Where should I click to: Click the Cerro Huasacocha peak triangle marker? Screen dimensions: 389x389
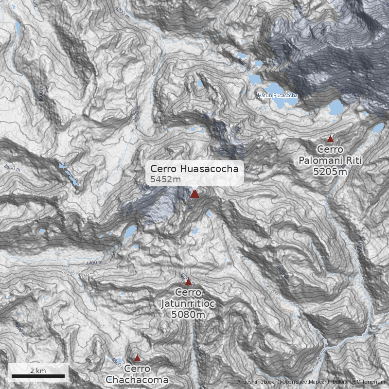point(194,194)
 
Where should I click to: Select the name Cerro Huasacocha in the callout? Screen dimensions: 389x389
point(194,169)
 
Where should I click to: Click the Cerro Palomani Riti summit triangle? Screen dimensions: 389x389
point(331,139)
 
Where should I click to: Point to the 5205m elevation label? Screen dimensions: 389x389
point(331,171)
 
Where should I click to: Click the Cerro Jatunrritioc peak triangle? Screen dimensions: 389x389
point(188,282)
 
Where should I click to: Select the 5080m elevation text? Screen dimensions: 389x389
point(188,315)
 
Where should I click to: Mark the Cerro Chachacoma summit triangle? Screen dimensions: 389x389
point(137,358)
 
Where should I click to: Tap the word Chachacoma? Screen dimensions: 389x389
point(137,379)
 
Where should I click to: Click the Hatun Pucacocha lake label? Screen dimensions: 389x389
point(277,95)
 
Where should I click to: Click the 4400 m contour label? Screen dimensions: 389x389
point(94,263)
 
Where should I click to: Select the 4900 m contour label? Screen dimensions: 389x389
point(346,91)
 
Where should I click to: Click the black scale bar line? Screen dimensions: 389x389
point(38,376)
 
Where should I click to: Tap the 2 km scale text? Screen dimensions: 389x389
point(38,371)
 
